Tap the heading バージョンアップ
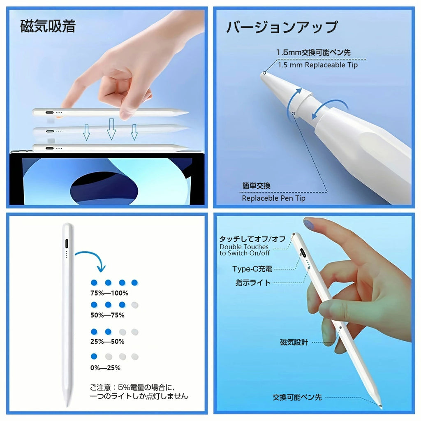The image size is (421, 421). [x=282, y=27]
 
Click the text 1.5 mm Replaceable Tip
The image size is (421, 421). [x=317, y=65]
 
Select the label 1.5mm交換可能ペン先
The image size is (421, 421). [x=313, y=52]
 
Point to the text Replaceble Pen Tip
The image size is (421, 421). [x=273, y=198]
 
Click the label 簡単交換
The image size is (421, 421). [x=256, y=186]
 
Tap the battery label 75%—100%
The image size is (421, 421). [x=109, y=293]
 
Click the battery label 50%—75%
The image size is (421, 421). [x=107, y=315]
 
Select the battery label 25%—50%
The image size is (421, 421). [x=107, y=341]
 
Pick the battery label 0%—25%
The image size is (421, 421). [x=105, y=368]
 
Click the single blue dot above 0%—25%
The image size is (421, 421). [x=94, y=356]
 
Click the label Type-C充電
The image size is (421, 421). [x=252, y=269]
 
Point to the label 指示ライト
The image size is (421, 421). [x=253, y=282]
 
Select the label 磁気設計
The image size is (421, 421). [x=294, y=342]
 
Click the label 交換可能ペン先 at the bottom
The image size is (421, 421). [x=297, y=397]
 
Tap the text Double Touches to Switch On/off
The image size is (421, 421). [x=245, y=250]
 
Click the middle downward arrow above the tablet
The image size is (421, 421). [x=111, y=129]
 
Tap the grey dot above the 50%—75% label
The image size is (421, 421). [x=134, y=305]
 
